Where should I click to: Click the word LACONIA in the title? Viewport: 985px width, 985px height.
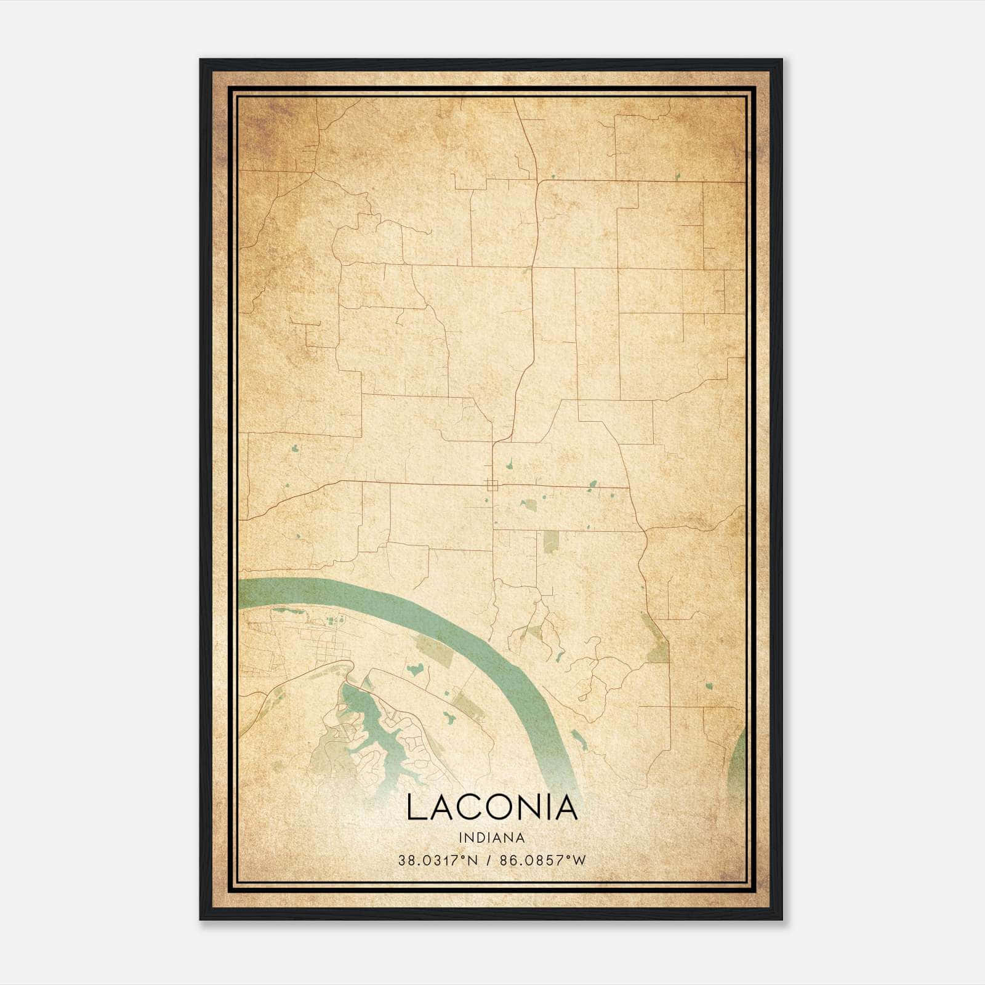pos(492,808)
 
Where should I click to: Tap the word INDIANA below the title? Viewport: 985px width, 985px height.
pos(492,838)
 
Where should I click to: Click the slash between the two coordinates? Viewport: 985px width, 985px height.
pos(488,861)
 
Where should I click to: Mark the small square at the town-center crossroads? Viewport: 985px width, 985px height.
pos(491,484)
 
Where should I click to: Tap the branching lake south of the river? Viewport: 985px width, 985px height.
pos(363,726)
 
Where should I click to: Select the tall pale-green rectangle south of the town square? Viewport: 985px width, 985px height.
pos(550,541)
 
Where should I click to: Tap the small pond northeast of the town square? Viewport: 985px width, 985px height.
pos(592,484)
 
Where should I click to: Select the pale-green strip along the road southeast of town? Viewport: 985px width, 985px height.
pos(657,640)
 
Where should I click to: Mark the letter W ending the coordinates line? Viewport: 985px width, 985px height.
pos(579,861)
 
